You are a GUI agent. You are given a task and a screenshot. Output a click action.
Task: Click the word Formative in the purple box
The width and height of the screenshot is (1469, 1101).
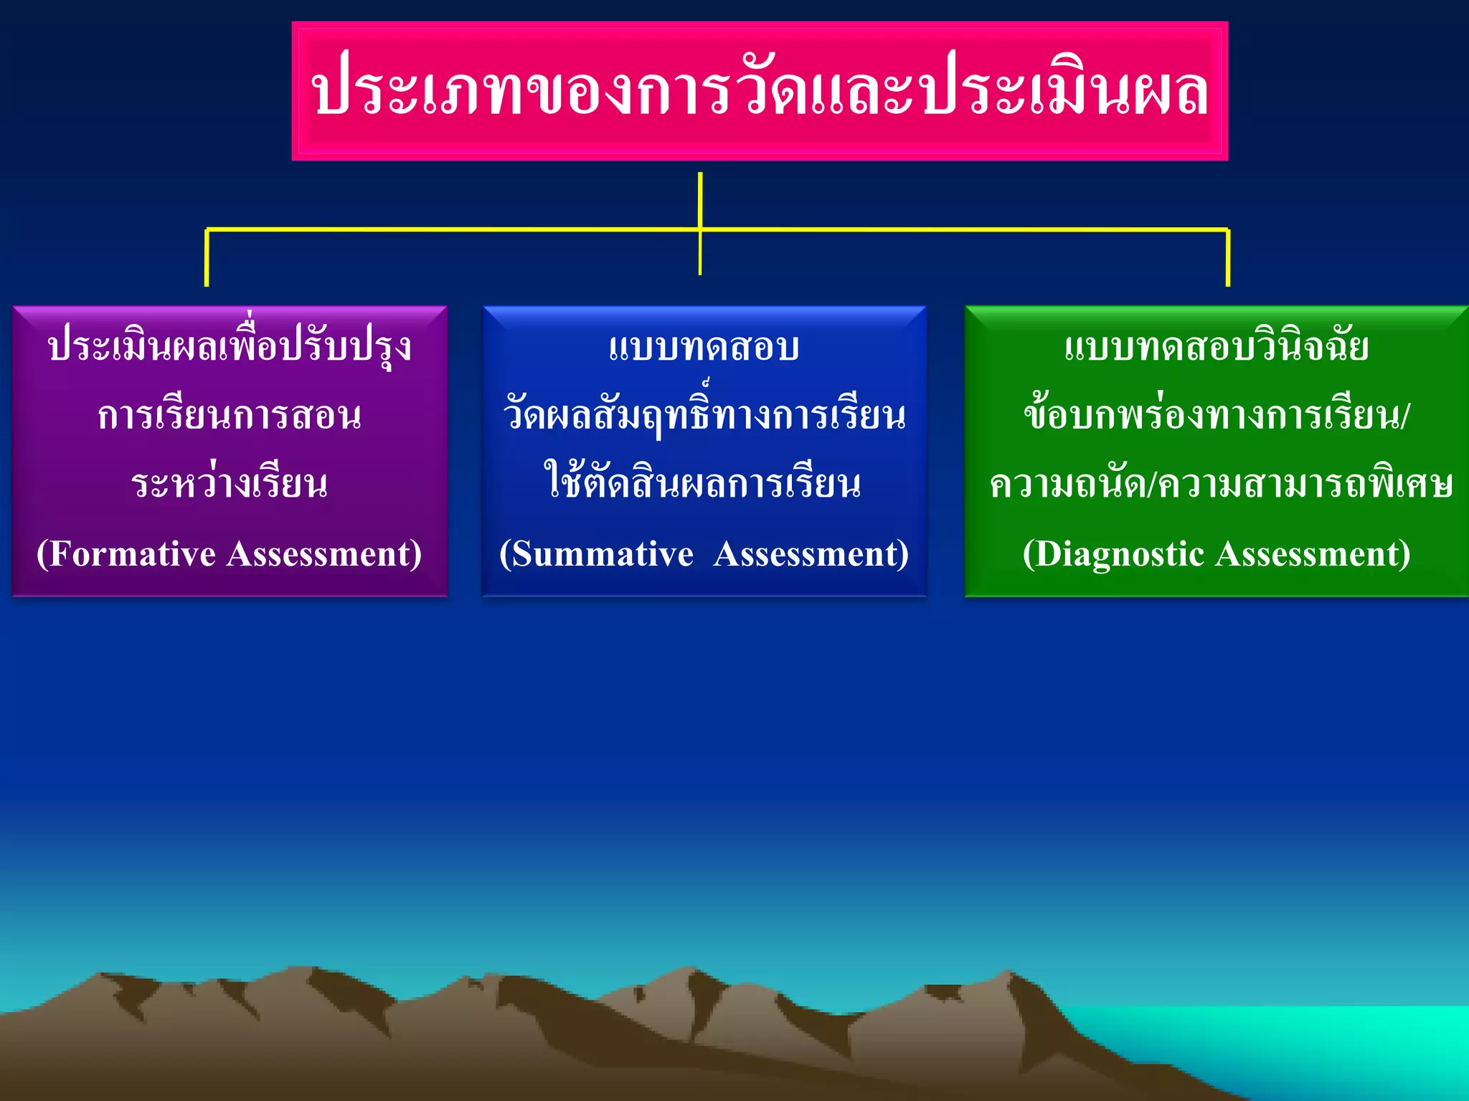pyautogui.click(x=132, y=554)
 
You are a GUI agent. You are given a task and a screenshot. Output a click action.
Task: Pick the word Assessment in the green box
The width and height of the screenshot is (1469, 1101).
pyautogui.click(x=1308, y=554)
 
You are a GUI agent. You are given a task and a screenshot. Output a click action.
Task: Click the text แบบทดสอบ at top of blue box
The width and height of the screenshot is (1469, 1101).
pyautogui.click(x=704, y=348)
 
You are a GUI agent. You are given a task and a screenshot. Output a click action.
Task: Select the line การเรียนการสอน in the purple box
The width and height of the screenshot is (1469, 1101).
pyautogui.click(x=230, y=416)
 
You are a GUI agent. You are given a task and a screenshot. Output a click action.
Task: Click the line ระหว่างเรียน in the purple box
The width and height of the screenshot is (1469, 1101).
pyautogui.click(x=230, y=484)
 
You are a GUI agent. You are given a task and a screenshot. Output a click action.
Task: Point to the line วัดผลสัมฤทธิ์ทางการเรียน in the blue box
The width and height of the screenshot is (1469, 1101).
pyautogui.click(x=704, y=416)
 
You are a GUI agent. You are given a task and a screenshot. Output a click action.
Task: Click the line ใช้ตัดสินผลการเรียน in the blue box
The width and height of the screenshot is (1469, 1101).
pyautogui.click(x=704, y=484)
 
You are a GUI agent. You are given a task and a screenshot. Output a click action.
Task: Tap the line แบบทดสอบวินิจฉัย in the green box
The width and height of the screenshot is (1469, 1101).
pyautogui.click(x=1217, y=348)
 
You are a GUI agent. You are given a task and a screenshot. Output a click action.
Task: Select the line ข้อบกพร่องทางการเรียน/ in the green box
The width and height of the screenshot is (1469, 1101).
pyautogui.click(x=1217, y=416)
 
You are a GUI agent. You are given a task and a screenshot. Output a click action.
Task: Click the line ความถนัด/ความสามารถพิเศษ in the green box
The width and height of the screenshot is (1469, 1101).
pyautogui.click(x=1220, y=485)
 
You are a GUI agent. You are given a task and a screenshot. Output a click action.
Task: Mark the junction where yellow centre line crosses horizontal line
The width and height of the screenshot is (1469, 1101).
pyautogui.click(x=700, y=229)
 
